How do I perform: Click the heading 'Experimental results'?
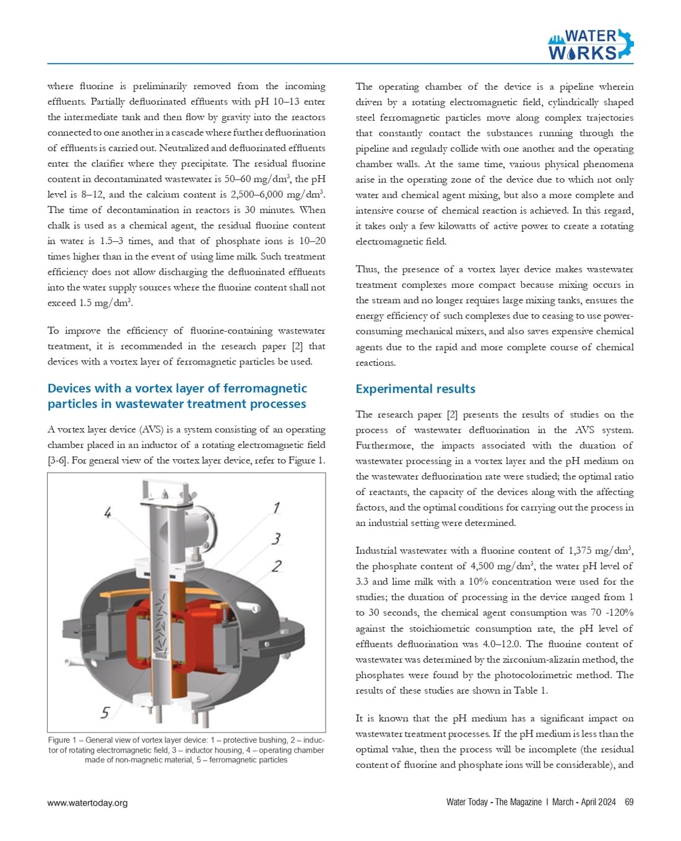pos(415,389)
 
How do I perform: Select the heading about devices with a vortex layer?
pos(176,396)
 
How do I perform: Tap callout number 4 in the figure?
pos(108,512)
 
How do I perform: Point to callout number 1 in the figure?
pos(277,507)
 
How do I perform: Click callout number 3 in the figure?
pos(276,538)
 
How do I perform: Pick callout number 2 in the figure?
pos(277,566)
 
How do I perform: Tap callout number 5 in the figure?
pos(105,713)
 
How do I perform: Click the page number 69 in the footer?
pos(629,802)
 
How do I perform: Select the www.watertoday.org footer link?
pos(87,803)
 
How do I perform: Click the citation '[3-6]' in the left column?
pos(58,460)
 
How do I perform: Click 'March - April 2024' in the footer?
pos(584,802)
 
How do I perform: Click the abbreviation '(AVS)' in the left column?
pos(151,429)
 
